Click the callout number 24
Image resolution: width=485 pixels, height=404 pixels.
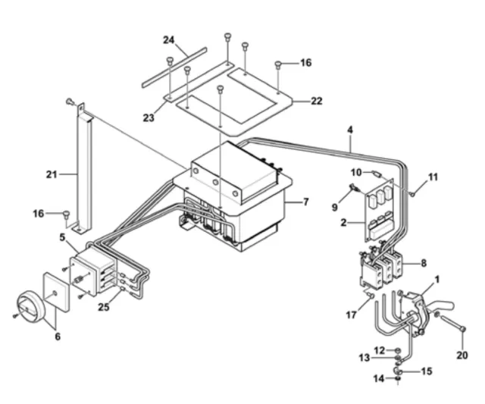(x=169, y=40)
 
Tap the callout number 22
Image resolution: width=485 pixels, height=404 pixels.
(x=317, y=101)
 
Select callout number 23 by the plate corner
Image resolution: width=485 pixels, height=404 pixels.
(x=149, y=117)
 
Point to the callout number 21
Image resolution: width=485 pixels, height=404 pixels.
(x=52, y=175)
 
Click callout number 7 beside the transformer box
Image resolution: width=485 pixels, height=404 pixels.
(x=305, y=202)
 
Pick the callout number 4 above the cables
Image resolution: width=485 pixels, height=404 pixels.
(x=350, y=130)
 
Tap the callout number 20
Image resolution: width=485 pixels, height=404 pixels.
(x=462, y=355)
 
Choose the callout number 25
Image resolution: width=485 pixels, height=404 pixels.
(x=104, y=307)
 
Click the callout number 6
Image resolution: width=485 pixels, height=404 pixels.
(x=58, y=337)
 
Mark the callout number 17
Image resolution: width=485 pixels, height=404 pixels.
(x=351, y=315)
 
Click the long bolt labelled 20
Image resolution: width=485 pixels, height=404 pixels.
(x=452, y=322)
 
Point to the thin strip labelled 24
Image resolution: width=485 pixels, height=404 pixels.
(x=174, y=67)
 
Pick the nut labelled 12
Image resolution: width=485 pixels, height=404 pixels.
(x=398, y=350)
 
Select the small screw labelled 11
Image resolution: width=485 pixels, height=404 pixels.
(x=412, y=194)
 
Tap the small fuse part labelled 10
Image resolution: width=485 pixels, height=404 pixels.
(x=377, y=174)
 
